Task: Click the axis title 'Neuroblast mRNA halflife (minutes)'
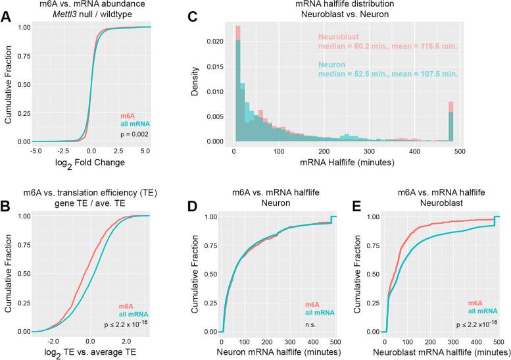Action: (x=439, y=353)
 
